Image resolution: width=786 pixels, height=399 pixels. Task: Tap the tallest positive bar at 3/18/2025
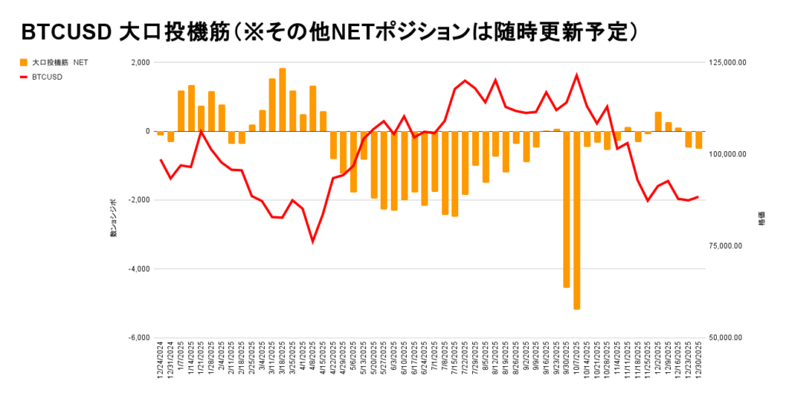(x=282, y=100)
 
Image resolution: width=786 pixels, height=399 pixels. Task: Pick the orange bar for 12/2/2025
(x=658, y=121)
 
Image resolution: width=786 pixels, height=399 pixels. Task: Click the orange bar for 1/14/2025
(x=191, y=108)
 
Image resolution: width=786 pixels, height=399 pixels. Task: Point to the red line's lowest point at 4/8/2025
(x=312, y=242)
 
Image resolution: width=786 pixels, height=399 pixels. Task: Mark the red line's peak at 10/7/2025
(x=576, y=74)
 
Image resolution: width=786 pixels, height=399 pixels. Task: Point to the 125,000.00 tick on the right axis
(x=725, y=62)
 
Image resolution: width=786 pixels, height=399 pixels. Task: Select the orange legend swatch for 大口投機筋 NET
(x=24, y=62)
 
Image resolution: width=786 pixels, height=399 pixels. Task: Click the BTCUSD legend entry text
(x=48, y=77)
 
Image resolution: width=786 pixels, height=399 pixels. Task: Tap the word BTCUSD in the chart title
(x=67, y=33)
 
